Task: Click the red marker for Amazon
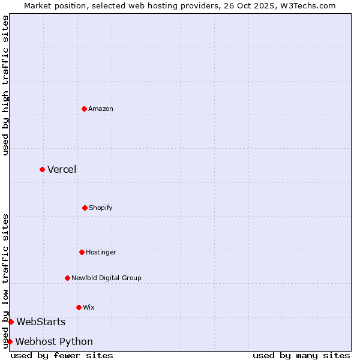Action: coord(84,109)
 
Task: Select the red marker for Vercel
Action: coord(42,169)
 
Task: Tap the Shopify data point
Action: coord(85,208)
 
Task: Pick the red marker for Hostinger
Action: coord(82,252)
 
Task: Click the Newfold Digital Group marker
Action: coord(67,278)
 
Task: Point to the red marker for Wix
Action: coord(79,307)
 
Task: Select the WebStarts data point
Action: coord(11,322)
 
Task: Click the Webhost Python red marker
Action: coord(10,341)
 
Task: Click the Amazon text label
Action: coord(101,109)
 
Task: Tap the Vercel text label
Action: coord(62,169)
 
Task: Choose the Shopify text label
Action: coord(101,208)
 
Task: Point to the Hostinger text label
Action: coord(101,252)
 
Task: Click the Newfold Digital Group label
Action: coord(106,278)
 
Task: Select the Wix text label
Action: coord(89,307)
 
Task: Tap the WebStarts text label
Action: coord(41,322)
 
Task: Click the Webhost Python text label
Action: coord(54,341)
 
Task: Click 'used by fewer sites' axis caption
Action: coord(62,355)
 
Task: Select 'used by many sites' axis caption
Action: coord(301,355)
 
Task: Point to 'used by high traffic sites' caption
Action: coord(5,85)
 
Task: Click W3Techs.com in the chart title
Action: coord(310,5)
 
